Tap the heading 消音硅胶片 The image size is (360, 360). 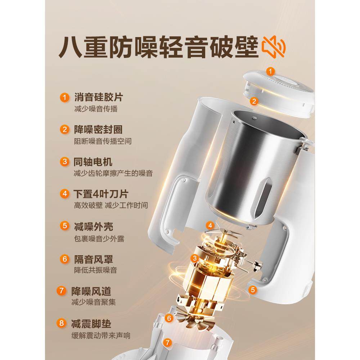[x=96, y=97]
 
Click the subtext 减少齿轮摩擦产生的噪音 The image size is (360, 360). [x=113, y=174]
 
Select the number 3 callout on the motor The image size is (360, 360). [x=195, y=258]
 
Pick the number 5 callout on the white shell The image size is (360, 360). [x=253, y=289]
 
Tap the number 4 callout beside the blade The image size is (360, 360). [x=210, y=226]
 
